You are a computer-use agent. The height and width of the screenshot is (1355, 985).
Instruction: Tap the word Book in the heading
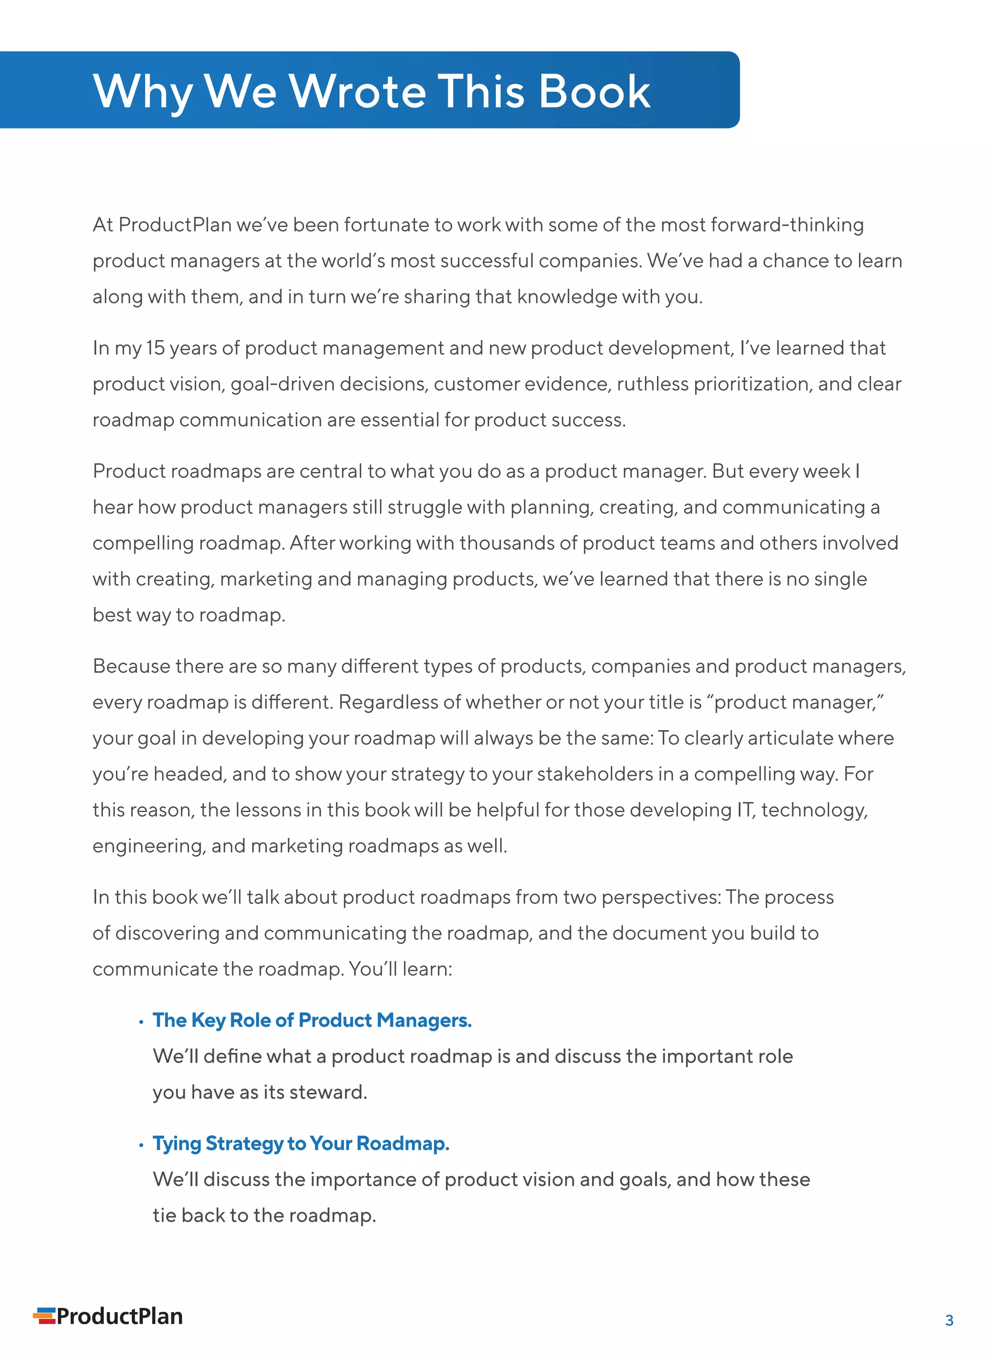pyautogui.click(x=594, y=91)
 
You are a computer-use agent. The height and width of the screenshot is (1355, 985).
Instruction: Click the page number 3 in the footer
pyautogui.click(x=948, y=1320)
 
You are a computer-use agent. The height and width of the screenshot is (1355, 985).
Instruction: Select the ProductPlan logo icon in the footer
pyautogui.click(x=44, y=1316)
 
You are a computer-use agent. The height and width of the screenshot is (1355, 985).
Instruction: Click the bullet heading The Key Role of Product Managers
pyautogui.click(x=312, y=1021)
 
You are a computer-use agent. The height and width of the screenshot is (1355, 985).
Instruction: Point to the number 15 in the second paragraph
pyautogui.click(x=155, y=348)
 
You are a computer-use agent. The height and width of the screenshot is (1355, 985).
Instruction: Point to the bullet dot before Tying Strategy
pyautogui.click(x=141, y=1145)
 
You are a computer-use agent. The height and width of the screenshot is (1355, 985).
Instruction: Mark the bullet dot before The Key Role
pyautogui.click(x=141, y=1022)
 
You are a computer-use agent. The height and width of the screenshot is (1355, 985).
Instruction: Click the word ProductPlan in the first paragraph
pyautogui.click(x=175, y=225)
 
